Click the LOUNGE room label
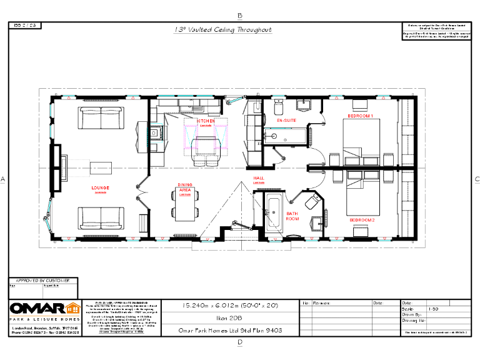[x=100, y=187]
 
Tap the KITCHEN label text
[x=206, y=121]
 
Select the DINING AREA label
[x=185, y=187]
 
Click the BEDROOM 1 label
[x=361, y=116]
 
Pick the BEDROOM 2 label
[x=362, y=220]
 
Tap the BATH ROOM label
[x=292, y=216]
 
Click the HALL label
[x=259, y=178]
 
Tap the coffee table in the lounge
[x=100, y=167]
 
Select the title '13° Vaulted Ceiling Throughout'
[x=222, y=29]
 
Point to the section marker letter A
[x=3, y=179]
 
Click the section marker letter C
[x=476, y=179]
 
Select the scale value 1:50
[x=432, y=309]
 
